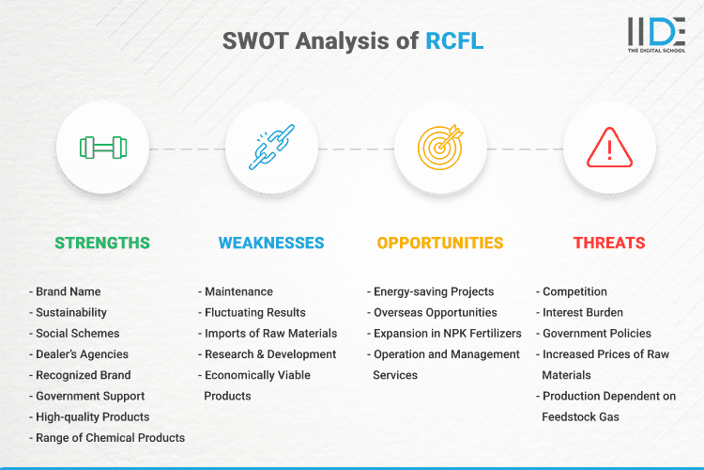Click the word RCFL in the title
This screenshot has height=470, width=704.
click(x=454, y=41)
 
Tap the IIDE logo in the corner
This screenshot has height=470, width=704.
click(x=655, y=35)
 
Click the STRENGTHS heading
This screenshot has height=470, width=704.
click(x=102, y=243)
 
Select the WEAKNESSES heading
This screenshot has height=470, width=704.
click(x=271, y=243)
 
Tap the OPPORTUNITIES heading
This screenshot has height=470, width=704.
click(x=440, y=243)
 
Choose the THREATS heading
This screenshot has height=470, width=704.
click(x=609, y=243)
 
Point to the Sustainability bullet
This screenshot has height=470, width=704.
click(x=70, y=312)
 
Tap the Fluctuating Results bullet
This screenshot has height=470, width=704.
click(x=254, y=312)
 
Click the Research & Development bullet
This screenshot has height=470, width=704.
click(x=269, y=354)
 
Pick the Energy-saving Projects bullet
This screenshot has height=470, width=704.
click(x=433, y=291)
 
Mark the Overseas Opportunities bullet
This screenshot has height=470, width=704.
click(x=435, y=312)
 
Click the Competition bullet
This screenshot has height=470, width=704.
click(x=574, y=291)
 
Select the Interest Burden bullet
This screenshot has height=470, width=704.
click(x=583, y=312)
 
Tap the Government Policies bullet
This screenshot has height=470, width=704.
click(x=596, y=334)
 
